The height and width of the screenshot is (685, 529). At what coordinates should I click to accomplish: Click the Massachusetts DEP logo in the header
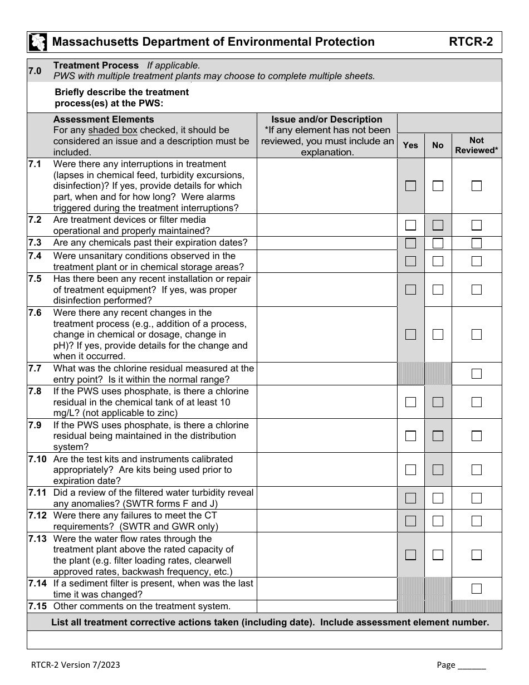[x=38, y=42]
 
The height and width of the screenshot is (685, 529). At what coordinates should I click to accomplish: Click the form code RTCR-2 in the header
[x=471, y=42]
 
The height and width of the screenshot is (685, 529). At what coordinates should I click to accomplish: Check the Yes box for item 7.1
[x=410, y=186]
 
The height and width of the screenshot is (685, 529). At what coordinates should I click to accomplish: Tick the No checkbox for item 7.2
[x=438, y=225]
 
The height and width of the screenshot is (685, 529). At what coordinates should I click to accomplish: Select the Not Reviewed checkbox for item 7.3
[x=476, y=243]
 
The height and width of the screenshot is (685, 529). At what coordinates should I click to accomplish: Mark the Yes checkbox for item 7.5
[x=410, y=290]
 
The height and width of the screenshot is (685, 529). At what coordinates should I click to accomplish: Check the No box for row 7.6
[x=438, y=335]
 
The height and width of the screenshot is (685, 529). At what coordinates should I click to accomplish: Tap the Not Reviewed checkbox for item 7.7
[x=476, y=374]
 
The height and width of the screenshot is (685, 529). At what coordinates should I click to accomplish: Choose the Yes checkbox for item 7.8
[x=410, y=402]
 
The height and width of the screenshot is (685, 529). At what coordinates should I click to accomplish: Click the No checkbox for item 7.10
[x=438, y=470]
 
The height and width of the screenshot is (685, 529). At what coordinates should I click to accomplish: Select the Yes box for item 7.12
[x=410, y=521]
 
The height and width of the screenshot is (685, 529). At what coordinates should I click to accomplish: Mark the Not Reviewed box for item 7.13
[x=476, y=555]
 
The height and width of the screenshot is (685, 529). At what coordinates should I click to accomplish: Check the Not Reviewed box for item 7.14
[x=476, y=589]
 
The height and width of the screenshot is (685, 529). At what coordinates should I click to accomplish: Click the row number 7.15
[x=37, y=606]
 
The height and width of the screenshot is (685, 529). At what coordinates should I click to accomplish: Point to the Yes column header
[x=410, y=145]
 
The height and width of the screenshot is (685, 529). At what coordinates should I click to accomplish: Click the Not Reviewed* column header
[x=476, y=145]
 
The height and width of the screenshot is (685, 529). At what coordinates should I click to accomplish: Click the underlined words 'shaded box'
[x=112, y=130]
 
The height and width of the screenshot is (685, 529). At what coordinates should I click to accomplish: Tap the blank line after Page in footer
[x=472, y=665]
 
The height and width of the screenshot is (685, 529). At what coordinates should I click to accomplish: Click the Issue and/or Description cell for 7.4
[x=327, y=261]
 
